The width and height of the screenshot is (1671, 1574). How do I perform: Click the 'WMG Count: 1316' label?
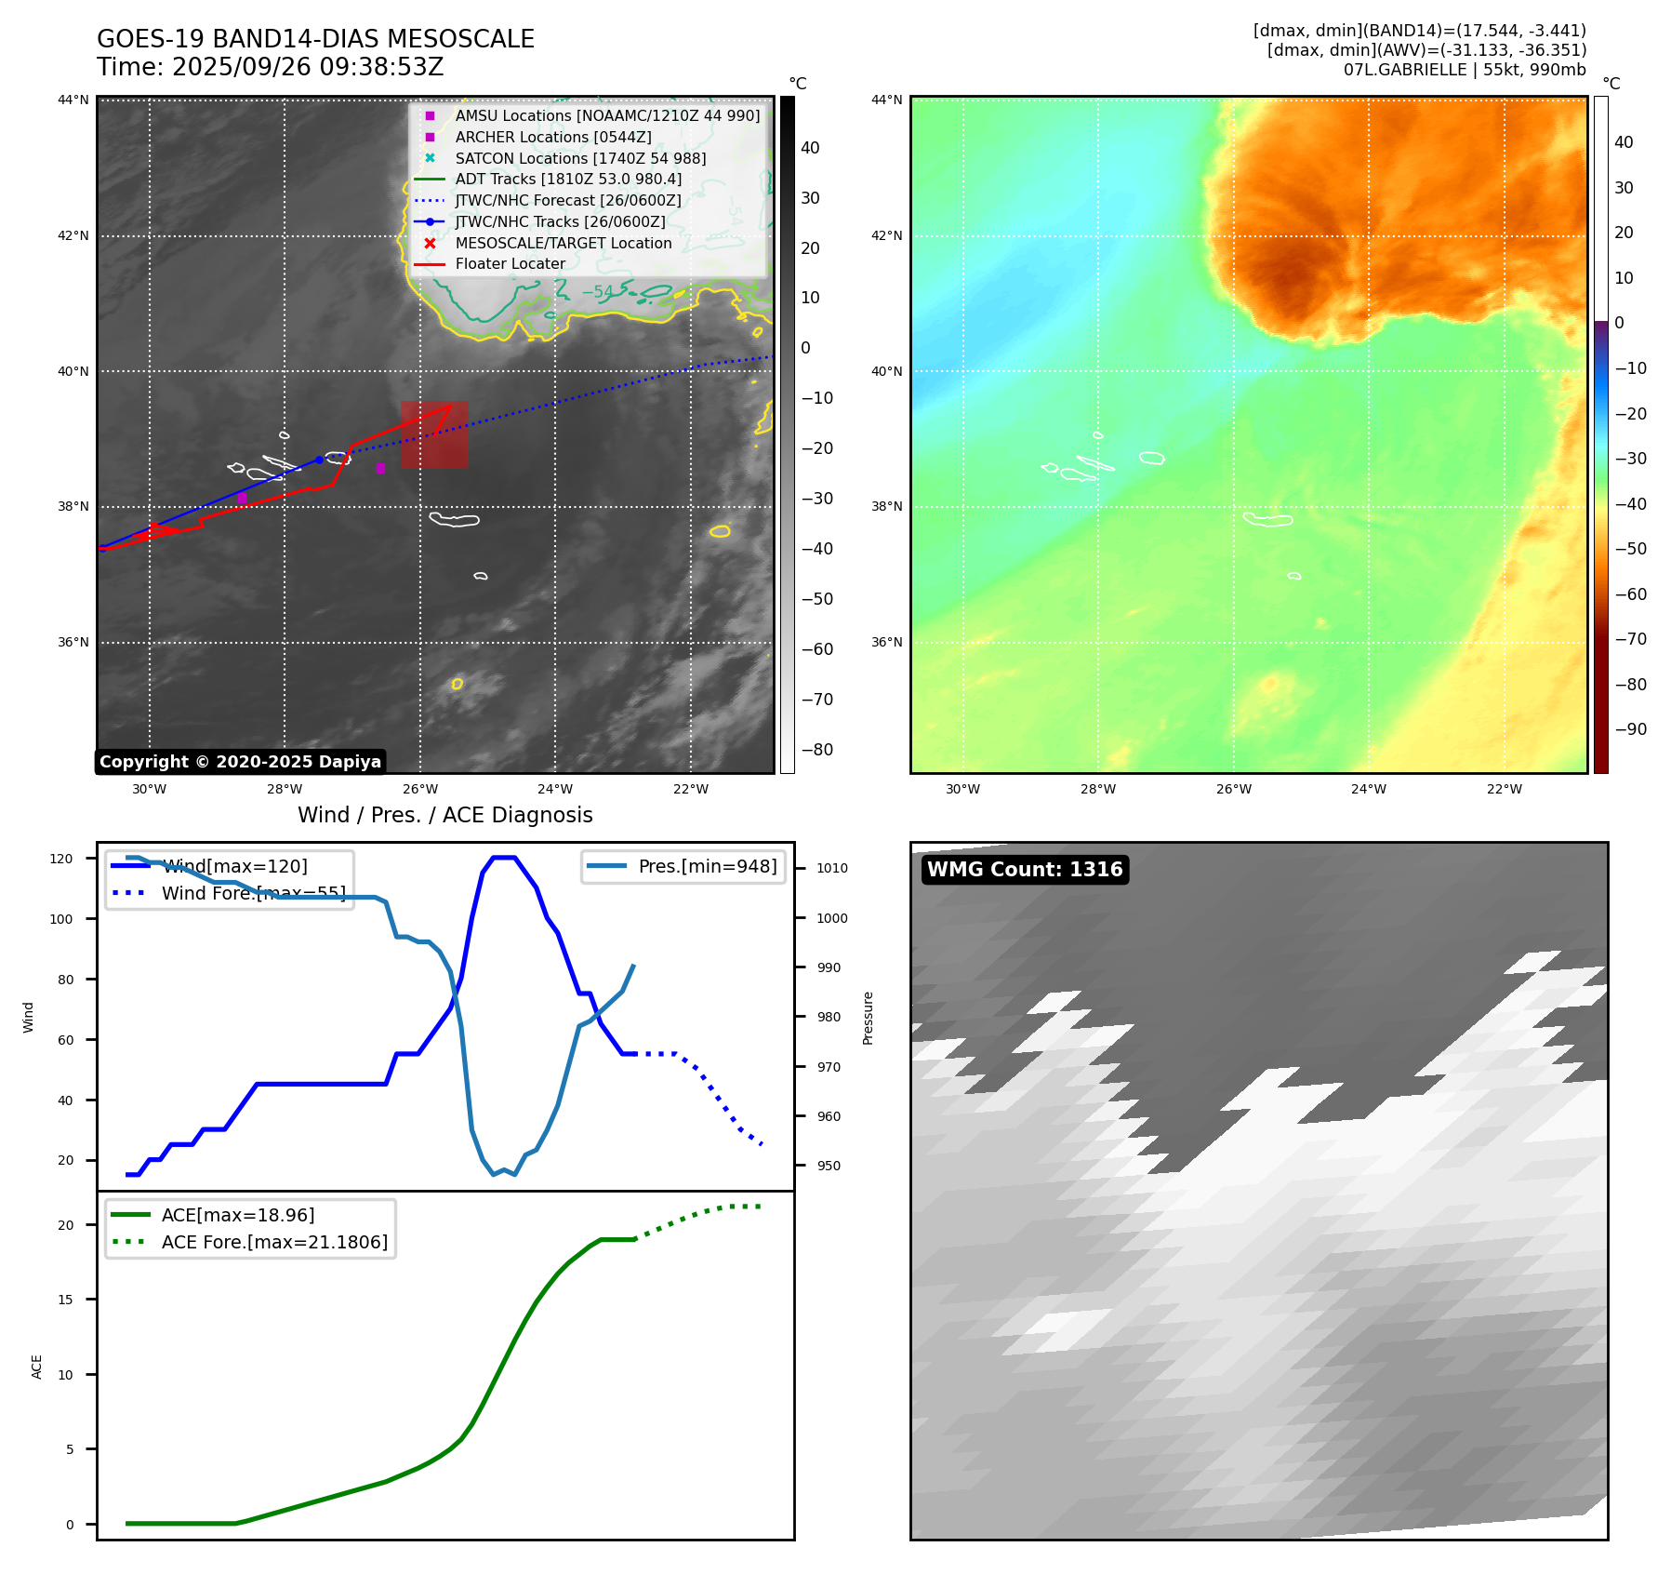1025,870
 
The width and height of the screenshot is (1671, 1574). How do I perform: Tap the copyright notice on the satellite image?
240,762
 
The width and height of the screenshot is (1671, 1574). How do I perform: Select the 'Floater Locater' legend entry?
510,264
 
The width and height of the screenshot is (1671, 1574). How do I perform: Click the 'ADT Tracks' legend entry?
568,180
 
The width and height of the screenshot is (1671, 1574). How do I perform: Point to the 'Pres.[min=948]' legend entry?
707,867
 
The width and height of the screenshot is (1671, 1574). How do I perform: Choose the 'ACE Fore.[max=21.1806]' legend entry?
274,1242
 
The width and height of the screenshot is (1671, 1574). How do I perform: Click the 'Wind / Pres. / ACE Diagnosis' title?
444,816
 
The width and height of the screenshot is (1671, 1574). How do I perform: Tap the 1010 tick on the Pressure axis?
832,869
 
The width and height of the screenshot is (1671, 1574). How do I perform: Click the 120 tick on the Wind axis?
61,859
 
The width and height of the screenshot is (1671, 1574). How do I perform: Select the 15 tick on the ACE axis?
65,1300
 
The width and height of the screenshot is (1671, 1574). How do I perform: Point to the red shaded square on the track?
434,434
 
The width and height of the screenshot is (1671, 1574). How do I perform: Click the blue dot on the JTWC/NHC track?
319,460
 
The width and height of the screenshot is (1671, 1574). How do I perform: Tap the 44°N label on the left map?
73,100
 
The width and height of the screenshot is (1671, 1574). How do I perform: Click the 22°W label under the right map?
1504,790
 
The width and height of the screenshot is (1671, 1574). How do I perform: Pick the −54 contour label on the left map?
598,292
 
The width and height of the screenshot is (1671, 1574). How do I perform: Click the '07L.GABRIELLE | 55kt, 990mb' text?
1465,70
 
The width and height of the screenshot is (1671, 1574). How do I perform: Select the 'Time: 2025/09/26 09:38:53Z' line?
270,68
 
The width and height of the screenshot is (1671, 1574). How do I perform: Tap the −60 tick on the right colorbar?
1630,594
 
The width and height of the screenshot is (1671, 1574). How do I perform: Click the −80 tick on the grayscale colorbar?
817,750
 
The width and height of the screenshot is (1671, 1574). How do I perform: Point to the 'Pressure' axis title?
869,1018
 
